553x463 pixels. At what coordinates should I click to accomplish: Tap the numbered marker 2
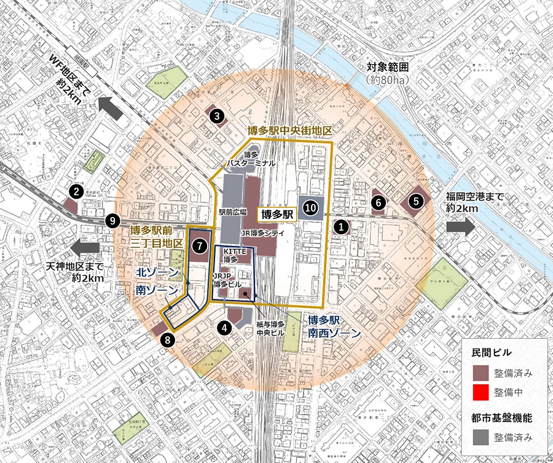click(76, 192)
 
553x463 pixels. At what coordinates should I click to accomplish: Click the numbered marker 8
click(416, 200)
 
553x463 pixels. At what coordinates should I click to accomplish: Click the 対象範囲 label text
click(388, 67)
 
